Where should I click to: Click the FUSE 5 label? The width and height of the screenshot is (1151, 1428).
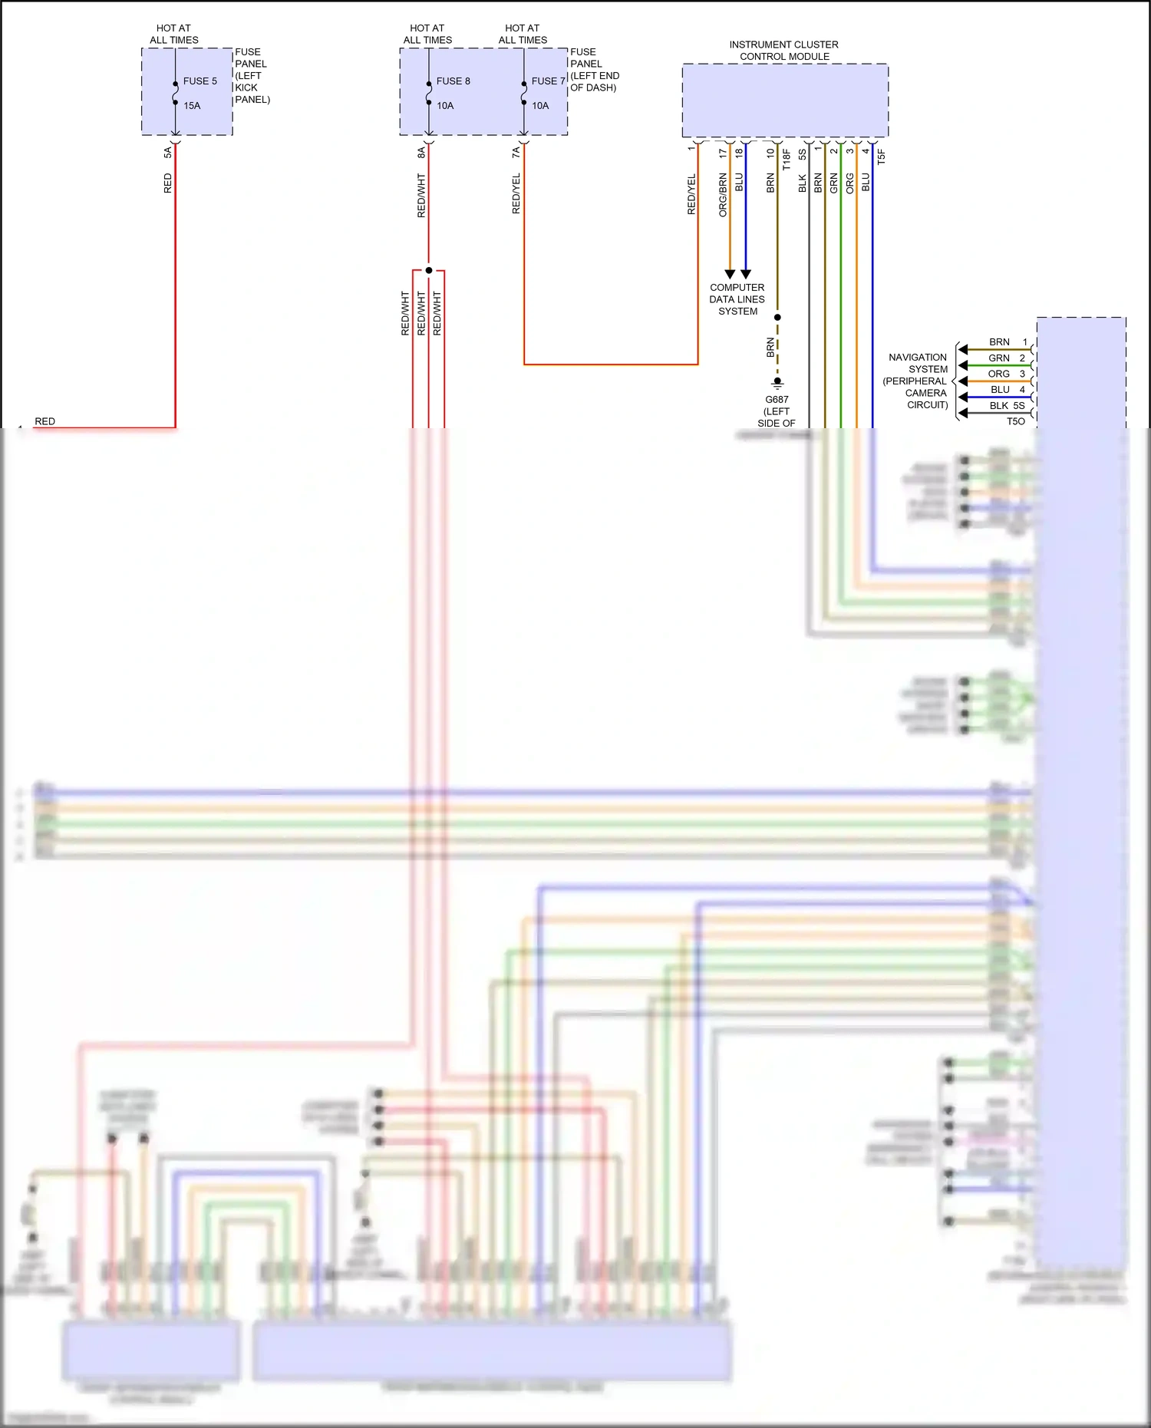200,81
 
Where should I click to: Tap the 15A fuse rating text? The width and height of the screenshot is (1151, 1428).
192,106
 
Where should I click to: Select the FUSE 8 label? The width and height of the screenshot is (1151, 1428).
453,81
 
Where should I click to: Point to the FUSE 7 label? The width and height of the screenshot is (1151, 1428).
548,81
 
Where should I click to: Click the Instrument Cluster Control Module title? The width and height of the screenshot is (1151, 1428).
783,51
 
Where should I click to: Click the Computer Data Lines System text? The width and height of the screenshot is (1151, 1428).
737,299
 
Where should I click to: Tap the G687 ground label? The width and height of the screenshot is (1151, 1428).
777,400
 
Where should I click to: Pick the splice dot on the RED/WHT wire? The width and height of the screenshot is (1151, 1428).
429,270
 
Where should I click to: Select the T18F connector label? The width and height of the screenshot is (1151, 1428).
787,160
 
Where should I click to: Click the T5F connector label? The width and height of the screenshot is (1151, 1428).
882,157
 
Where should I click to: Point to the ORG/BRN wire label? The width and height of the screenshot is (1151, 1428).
723,195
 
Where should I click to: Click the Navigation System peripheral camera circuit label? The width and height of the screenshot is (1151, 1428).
917,381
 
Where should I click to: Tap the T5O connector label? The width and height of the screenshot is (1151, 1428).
1015,421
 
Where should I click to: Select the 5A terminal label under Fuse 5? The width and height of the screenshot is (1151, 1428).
168,153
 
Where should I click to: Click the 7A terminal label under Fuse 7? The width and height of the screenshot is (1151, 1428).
516,153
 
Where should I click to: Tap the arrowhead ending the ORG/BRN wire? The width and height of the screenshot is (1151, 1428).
730,274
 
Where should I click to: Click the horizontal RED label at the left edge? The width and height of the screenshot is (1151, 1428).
45,421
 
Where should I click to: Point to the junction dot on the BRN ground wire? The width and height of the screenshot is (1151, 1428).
777,317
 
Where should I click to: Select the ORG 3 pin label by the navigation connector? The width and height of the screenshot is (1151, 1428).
1006,374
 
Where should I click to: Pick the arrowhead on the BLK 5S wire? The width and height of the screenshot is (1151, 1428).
963,414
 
